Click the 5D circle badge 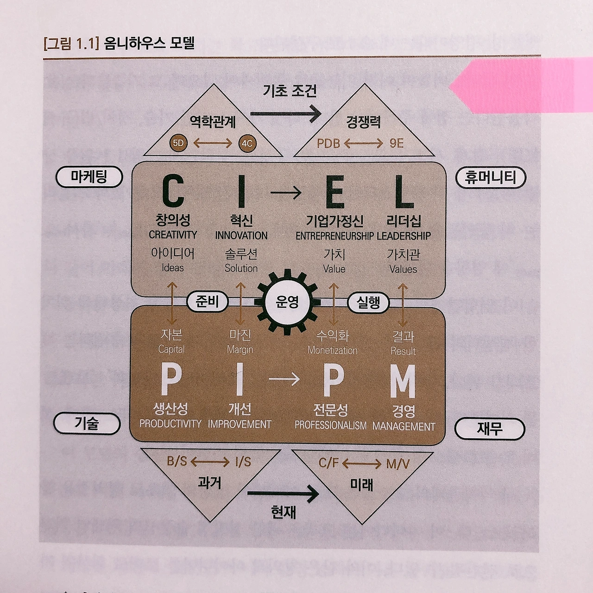pos(178,143)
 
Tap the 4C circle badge pos(247,143)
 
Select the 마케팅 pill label pos(89,177)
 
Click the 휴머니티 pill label pos(491,177)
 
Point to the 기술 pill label pos(87,423)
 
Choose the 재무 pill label pos(490,429)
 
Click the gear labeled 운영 pos(287,302)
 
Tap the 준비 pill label pos(207,302)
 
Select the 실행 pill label pos(368,303)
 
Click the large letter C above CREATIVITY pos(173,191)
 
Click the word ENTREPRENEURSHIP pos(334,236)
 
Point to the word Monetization pos(333,351)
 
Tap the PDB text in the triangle pos(328,144)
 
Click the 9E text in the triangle pos(397,143)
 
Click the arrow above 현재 pos(283,494)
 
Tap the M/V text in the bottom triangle pos(398,464)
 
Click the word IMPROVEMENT pos(240,424)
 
